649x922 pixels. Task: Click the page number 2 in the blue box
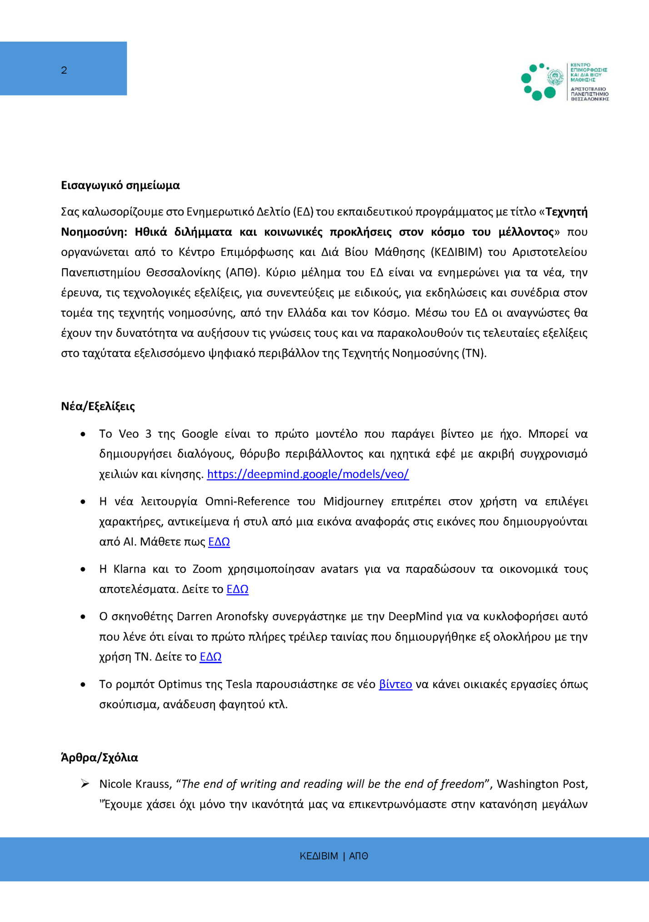pyautogui.click(x=64, y=70)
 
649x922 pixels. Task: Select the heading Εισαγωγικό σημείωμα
pyautogui.click(x=120, y=185)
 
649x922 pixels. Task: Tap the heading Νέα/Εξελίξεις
pyautogui.click(x=98, y=406)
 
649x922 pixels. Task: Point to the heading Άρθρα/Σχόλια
pyautogui.click(x=99, y=757)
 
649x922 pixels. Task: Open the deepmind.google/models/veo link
pyautogui.click(x=308, y=474)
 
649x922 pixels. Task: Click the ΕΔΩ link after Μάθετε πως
pyautogui.click(x=219, y=542)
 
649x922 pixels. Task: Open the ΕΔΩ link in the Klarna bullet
pyautogui.click(x=237, y=589)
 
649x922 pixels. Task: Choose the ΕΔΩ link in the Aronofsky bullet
pyautogui.click(x=210, y=657)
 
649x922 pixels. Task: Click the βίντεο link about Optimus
pyautogui.click(x=395, y=684)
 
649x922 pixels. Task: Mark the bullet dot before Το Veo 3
pyautogui.click(x=83, y=435)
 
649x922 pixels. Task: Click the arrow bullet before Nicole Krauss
pyautogui.click(x=85, y=784)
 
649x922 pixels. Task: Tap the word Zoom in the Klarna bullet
pyautogui.click(x=207, y=569)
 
